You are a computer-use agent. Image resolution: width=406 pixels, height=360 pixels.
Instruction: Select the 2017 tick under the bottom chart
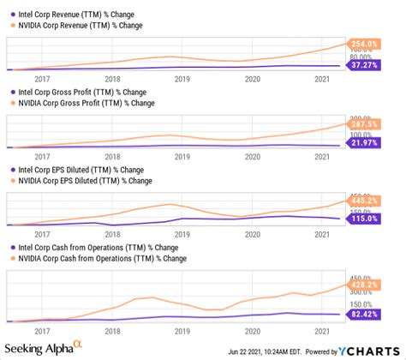tap(41, 329)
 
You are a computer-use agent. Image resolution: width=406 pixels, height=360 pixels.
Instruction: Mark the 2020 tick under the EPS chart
tap(253, 233)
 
